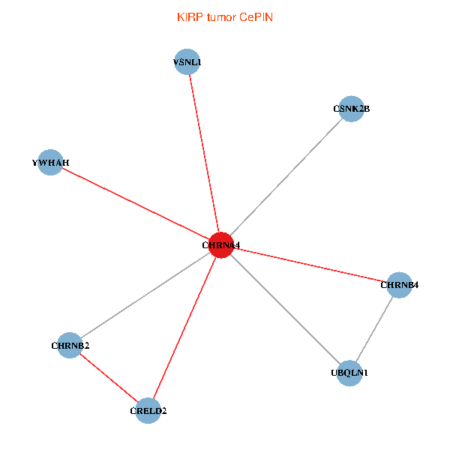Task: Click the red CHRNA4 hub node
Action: click(221, 245)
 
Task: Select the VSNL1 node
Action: click(187, 61)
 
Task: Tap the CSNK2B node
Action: click(351, 109)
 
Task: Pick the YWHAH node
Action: click(50, 163)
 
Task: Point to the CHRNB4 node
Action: click(399, 285)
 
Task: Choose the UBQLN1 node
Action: click(349, 373)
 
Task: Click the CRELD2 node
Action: click(148, 411)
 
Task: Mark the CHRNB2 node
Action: click(70, 345)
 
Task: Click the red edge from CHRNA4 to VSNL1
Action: click(204, 154)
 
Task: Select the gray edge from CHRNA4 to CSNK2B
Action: click(286, 177)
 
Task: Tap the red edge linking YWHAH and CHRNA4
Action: click(136, 204)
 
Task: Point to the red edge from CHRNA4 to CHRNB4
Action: click(310, 265)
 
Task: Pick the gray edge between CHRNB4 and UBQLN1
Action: click(374, 329)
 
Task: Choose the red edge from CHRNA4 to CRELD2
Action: click(184, 328)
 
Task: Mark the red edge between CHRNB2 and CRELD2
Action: click(109, 378)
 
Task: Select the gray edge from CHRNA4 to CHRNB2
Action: click(145, 295)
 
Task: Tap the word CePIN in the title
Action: click(256, 17)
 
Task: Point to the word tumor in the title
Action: click(221, 17)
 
